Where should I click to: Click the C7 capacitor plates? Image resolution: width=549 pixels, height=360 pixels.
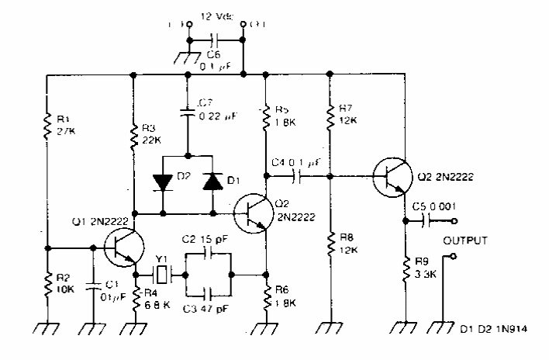click(x=187, y=113)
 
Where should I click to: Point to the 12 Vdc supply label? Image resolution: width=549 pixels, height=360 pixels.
click(x=216, y=16)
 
